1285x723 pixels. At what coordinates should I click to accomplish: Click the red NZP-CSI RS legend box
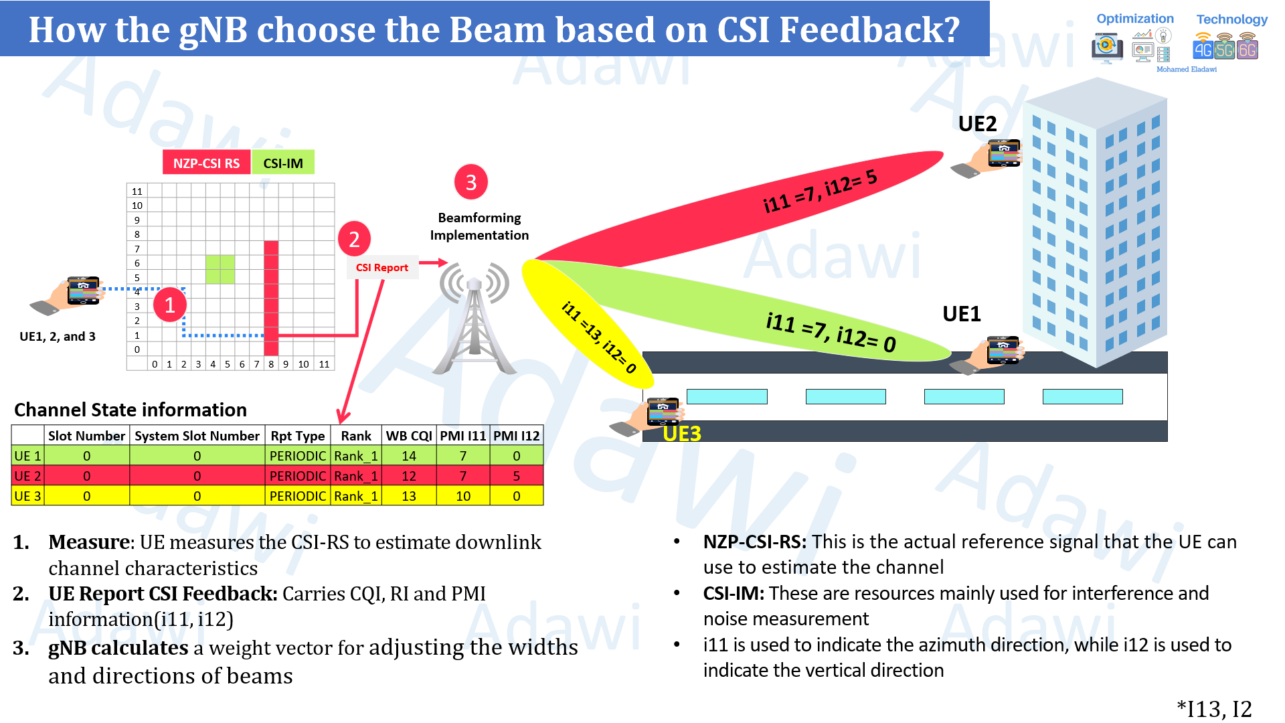click(206, 163)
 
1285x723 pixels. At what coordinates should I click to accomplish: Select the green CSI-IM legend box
click(282, 163)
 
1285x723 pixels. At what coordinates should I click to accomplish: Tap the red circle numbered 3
click(470, 182)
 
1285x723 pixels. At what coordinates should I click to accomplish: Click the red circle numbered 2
click(354, 239)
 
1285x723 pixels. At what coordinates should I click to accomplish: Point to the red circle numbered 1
click(169, 305)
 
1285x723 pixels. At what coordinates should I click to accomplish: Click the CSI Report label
click(381, 267)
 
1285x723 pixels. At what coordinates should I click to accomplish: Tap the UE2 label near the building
click(977, 124)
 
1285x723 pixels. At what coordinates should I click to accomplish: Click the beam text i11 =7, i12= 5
click(820, 191)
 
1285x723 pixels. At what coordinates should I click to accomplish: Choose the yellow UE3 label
click(681, 434)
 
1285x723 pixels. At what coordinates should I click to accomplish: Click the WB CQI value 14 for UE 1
click(408, 456)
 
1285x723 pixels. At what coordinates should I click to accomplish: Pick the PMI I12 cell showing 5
click(516, 476)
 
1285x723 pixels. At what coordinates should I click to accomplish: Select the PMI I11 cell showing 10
click(462, 496)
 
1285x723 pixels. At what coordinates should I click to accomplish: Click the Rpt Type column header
click(297, 436)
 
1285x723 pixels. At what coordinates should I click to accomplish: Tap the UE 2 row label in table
click(27, 476)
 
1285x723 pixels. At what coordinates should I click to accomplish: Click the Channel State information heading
click(131, 410)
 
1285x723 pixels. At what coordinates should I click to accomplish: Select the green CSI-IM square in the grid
click(220, 269)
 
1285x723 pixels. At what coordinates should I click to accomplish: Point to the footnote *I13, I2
click(1214, 708)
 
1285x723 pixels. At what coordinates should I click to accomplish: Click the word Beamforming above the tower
click(479, 218)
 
